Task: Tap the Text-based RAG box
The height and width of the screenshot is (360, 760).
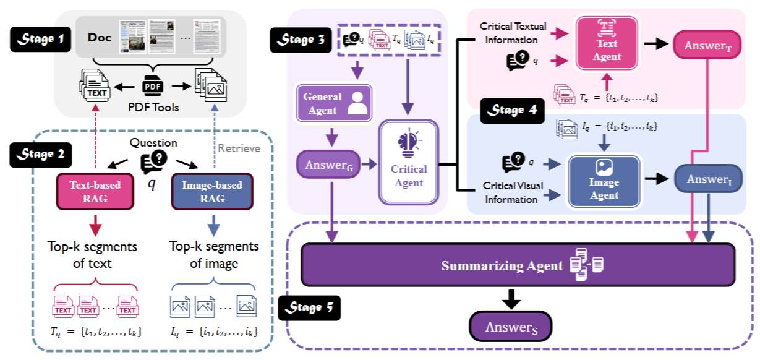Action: coord(95,191)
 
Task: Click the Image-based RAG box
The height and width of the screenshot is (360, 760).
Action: coord(212,191)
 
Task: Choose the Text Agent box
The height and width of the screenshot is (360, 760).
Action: coord(606,46)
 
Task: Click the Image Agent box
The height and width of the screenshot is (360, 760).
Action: coord(604,179)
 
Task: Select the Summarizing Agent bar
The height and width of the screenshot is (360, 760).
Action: coord(518,265)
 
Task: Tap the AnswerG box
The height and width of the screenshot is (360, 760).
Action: coord(328,165)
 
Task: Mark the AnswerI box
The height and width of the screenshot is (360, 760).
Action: coord(707,179)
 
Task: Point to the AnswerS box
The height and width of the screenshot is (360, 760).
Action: coord(510,327)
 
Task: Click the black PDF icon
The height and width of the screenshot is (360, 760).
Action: coord(153,86)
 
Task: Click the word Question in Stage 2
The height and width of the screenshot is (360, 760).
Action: coord(153,143)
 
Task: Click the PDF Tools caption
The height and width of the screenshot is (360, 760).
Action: coord(153,107)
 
